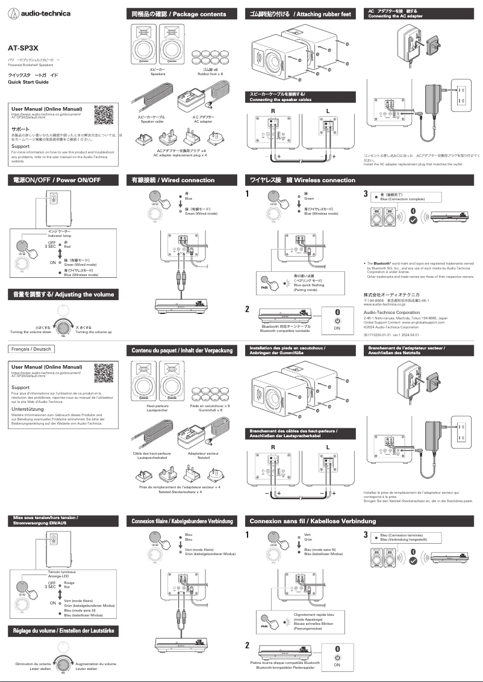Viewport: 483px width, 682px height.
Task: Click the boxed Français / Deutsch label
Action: pyautogui.click(x=31, y=349)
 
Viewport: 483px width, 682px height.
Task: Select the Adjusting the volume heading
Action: pyautogui.click(x=60, y=294)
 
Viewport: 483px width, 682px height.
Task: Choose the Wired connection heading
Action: pyautogui.click(x=173, y=180)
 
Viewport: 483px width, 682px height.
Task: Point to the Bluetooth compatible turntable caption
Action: pyautogui.click(x=285, y=331)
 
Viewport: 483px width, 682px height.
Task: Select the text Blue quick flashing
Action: pyautogui.click(x=308, y=285)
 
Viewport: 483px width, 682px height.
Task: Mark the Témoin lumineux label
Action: pyautogui.click(x=60, y=572)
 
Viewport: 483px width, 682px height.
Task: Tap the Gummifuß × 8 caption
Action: pyautogui.click(x=210, y=410)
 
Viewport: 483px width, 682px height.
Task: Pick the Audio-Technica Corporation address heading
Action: pyautogui.click(x=391, y=313)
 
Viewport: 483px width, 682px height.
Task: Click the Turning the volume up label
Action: pyautogui.click(x=93, y=332)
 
